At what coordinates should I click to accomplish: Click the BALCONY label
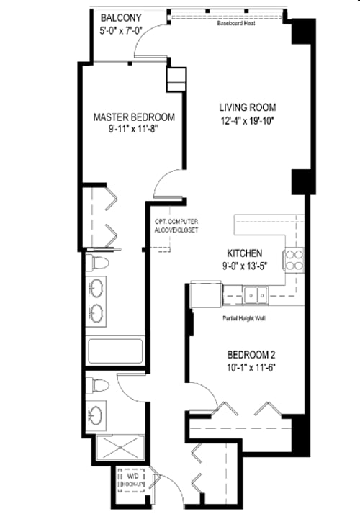[122, 17]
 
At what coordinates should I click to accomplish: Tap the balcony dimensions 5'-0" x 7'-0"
[123, 30]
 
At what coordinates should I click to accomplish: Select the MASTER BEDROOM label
[135, 117]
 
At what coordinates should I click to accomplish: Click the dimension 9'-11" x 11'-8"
[135, 130]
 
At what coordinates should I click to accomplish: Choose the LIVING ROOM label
[248, 108]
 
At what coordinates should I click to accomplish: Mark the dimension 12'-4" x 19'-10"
[248, 121]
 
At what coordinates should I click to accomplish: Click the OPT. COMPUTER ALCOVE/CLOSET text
[176, 225]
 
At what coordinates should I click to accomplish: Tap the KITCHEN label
[244, 253]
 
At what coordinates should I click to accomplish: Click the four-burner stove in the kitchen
[294, 259]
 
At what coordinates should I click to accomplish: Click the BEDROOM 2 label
[251, 355]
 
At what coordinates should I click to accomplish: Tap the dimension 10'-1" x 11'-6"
[251, 367]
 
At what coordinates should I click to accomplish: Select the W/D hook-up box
[133, 482]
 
